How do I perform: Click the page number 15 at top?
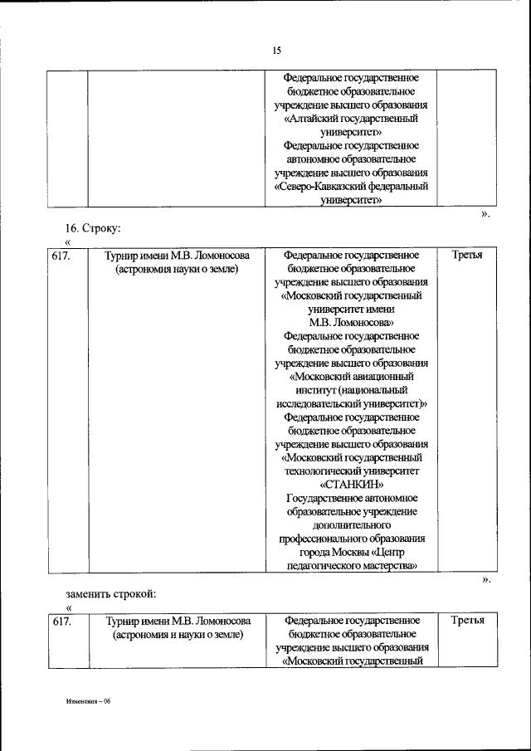278,51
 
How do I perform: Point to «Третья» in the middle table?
468,255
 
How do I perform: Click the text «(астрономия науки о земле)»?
178,269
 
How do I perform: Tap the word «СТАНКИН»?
351,485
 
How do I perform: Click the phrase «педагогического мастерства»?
352,566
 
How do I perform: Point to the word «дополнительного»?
351,525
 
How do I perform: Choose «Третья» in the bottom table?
468,621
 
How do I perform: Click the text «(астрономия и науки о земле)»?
178,635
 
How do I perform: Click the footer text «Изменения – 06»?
89,701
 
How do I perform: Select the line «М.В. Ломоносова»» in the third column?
351,322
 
